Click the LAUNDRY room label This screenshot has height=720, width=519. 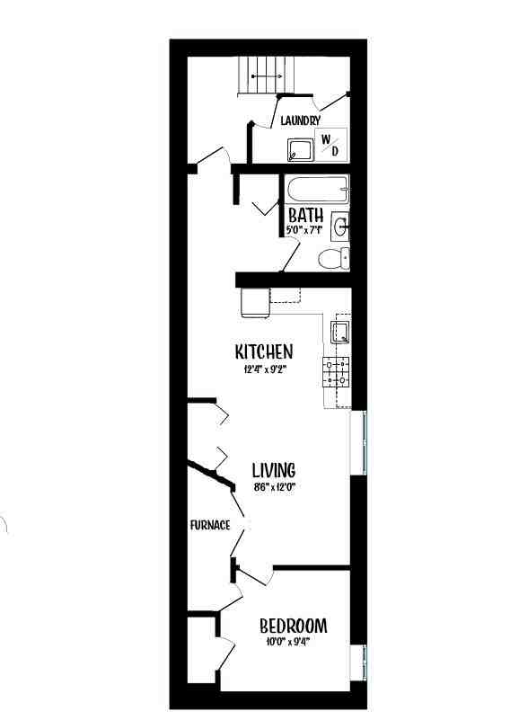(300, 120)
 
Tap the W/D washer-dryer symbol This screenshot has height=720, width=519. (330, 144)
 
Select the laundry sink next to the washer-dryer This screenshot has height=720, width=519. (300, 149)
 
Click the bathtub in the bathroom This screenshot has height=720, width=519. (317, 191)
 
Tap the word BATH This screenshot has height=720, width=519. (305, 216)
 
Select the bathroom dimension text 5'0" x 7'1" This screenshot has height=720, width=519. (304, 230)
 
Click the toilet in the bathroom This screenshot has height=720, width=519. (333, 259)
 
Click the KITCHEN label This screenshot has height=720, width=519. (264, 351)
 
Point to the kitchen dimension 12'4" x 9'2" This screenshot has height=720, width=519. (264, 369)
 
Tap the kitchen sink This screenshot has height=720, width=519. (341, 333)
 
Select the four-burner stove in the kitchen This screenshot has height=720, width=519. (338, 372)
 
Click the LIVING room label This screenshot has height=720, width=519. (273, 469)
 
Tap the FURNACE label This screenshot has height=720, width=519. (210, 525)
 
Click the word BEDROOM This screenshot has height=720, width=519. (293, 626)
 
